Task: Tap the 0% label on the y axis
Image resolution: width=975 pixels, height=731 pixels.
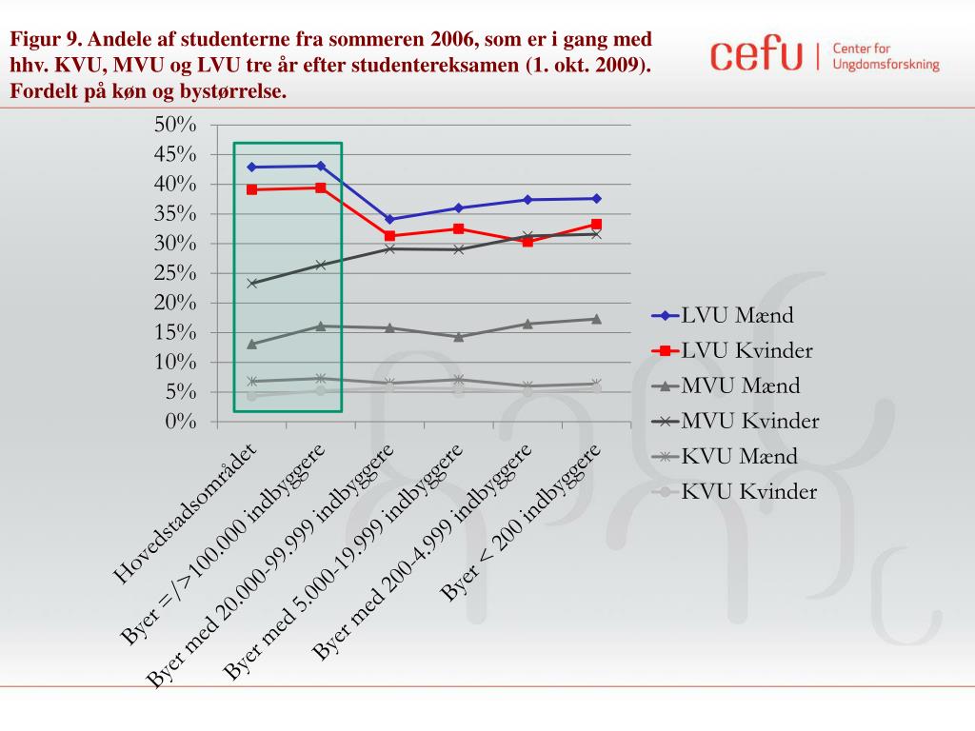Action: point(181,422)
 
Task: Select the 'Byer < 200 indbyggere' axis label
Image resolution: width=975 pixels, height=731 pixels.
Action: point(521,523)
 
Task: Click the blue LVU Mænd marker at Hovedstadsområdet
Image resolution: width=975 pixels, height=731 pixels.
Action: point(252,168)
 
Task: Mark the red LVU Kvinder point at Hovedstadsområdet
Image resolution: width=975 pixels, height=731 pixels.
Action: point(252,189)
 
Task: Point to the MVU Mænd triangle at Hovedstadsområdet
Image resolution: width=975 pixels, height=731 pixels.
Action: point(252,344)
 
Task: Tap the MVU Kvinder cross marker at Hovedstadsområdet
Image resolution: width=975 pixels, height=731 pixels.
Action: point(252,283)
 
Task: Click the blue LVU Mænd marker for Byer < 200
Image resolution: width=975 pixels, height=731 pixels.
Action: point(596,198)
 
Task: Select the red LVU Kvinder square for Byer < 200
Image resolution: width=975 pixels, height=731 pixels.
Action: point(596,225)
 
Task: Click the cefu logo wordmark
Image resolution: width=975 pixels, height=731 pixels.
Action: point(757,55)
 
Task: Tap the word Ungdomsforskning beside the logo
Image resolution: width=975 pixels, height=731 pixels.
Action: point(885,65)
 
